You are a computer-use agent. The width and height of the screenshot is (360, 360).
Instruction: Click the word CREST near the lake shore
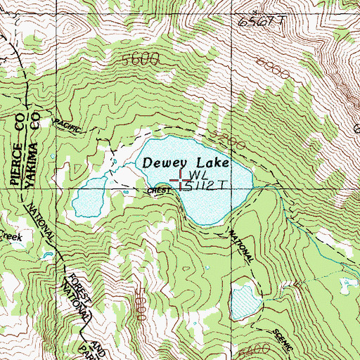157,191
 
